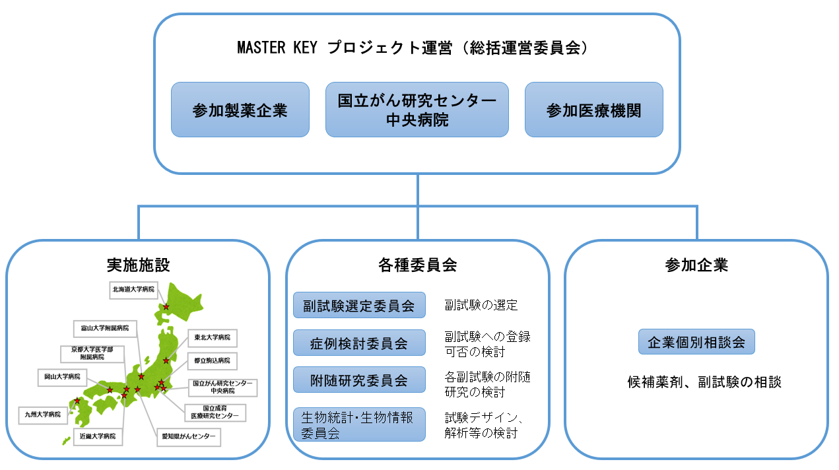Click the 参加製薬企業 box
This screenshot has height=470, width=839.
[x=240, y=110]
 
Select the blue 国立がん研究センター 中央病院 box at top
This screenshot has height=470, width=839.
[x=417, y=110]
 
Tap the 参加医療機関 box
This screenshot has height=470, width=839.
[x=593, y=110]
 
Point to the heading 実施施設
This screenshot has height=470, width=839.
[x=138, y=265]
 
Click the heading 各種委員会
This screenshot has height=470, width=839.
[x=417, y=265]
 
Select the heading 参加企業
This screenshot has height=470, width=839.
[x=696, y=265]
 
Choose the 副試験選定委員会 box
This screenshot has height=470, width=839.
[x=359, y=306]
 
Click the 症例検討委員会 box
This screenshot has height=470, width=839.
[x=359, y=343]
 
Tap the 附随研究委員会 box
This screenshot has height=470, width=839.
[x=359, y=380]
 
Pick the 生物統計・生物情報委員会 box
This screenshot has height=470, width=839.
[x=359, y=424]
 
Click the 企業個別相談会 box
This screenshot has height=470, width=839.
[x=696, y=342]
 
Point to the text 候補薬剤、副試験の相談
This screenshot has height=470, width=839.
[x=704, y=382]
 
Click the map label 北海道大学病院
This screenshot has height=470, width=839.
[x=133, y=289]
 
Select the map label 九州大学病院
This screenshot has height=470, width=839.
[x=43, y=415]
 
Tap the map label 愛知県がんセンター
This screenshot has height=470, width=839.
[x=188, y=437]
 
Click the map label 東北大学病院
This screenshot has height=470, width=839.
[x=213, y=337]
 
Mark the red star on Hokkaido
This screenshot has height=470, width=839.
[x=166, y=307]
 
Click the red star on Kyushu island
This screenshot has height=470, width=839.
[x=77, y=401]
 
